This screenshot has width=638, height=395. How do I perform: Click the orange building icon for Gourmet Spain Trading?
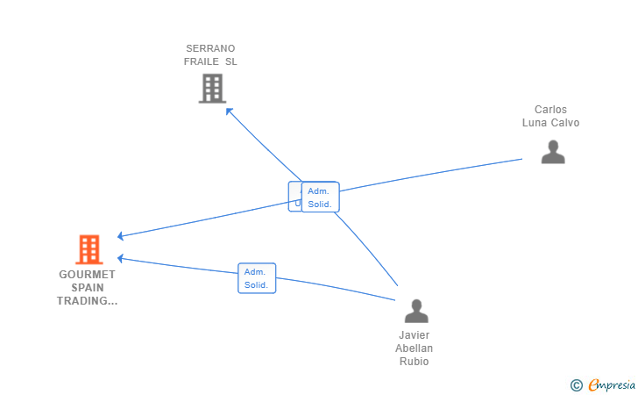tap(89, 249)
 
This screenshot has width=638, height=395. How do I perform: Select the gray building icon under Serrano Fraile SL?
tap(212, 88)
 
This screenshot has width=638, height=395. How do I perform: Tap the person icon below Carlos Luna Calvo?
tap(552, 152)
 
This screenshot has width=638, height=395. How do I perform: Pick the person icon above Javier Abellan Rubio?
tap(415, 311)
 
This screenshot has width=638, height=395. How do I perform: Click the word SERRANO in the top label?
tap(210, 48)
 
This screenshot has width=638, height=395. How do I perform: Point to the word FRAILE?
tap(202, 61)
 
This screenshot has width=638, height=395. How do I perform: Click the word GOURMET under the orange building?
tap(88, 275)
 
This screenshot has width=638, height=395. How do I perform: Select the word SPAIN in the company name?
tap(88, 288)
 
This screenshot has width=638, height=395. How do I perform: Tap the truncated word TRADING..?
tap(88, 301)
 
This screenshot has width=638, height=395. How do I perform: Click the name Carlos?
tap(550, 110)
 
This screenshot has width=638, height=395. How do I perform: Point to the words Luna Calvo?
tap(550, 123)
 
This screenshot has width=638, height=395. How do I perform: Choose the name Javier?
tap(415, 335)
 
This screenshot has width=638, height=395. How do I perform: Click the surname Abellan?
tap(415, 348)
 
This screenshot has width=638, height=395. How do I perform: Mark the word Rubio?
tap(415, 362)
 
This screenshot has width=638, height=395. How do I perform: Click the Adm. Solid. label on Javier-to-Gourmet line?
tap(257, 278)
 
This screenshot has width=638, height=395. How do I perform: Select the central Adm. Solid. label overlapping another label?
tap(320, 197)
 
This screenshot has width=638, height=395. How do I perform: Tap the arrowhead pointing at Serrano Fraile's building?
tap(229, 110)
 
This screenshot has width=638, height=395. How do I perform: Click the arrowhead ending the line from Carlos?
tap(121, 236)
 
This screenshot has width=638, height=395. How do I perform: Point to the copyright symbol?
tap(576, 384)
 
